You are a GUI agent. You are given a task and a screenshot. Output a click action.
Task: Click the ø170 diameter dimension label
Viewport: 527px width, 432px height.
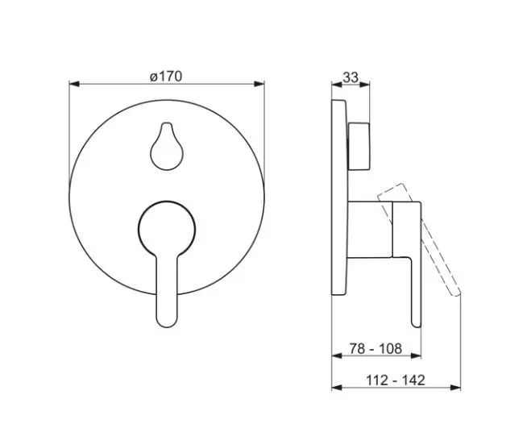pos(166,77)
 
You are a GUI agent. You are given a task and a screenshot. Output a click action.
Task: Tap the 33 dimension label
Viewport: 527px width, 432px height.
pos(351,77)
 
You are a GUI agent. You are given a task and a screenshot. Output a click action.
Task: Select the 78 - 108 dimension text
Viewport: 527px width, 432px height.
pos(376,349)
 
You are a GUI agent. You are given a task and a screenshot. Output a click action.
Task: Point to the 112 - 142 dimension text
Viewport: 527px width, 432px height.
pos(396,380)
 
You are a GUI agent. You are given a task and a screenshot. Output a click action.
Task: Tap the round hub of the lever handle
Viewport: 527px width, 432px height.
pos(167,229)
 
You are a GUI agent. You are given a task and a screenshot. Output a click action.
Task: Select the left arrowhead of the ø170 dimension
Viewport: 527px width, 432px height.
pos(74,84)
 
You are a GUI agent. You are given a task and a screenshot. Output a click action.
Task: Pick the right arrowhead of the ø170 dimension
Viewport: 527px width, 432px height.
pos(259,84)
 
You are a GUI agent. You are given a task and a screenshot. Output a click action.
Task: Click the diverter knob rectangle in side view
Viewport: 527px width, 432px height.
pos(359,147)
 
